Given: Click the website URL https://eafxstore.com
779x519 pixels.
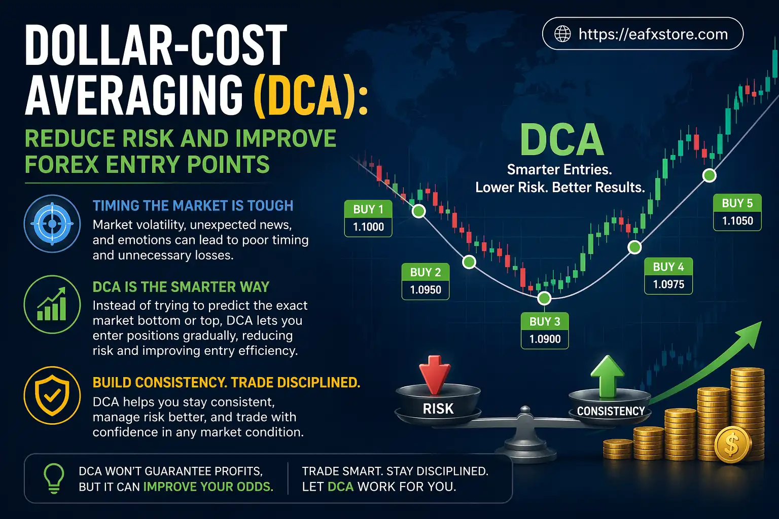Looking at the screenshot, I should point(653,34).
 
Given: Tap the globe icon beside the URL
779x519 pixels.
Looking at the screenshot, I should point(562,34).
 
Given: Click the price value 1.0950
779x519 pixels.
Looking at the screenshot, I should point(426,290).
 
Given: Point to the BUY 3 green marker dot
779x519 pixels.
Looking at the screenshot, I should point(544,298).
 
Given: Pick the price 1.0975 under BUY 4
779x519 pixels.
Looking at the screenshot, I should point(668,284).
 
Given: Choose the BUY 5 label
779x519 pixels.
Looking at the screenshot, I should point(737,203).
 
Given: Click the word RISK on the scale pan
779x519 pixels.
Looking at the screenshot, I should point(438,409).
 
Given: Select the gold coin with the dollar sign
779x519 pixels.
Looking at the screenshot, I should point(732,444).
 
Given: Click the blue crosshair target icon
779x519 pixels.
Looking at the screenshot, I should point(52,224).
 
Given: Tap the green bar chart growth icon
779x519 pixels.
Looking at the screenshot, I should point(52,305).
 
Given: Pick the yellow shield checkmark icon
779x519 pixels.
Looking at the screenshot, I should point(52,395).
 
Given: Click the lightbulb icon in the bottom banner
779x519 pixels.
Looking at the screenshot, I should point(54,478).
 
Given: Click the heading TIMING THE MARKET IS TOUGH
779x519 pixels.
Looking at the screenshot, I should point(193,206).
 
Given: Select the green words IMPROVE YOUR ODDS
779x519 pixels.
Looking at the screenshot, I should point(208,487).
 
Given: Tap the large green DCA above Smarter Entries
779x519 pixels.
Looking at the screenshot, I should point(562,140).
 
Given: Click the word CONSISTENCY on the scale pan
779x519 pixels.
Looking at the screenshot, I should point(611,411).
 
